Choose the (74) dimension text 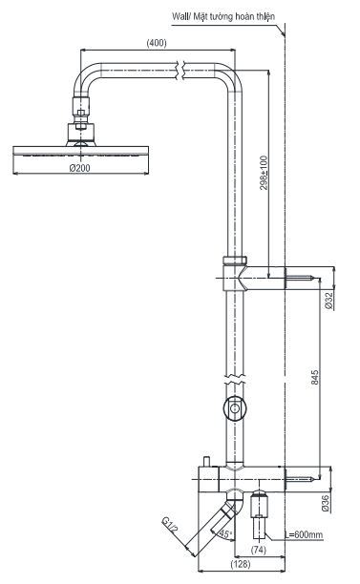257,552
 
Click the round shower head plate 79,151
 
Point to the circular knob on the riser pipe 232,409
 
